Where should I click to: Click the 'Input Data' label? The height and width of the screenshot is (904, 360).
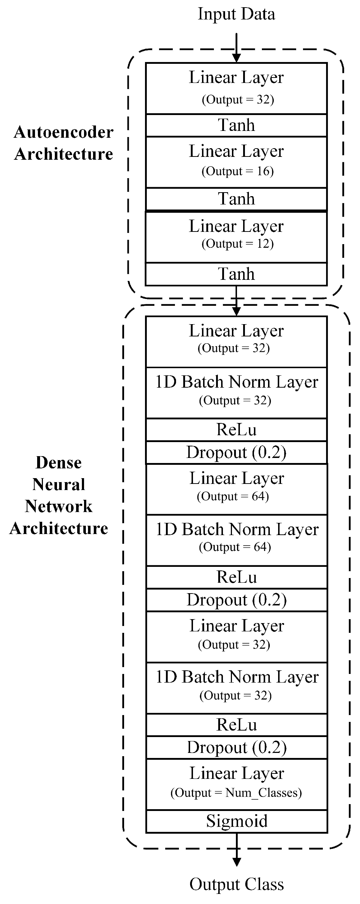click(x=236, y=14)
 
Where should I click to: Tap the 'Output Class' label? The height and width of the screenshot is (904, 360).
click(x=237, y=885)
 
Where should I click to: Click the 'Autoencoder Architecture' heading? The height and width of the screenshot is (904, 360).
click(x=63, y=143)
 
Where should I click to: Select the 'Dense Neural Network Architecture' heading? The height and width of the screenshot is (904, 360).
click(x=59, y=495)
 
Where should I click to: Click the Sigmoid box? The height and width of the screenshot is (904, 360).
click(x=237, y=821)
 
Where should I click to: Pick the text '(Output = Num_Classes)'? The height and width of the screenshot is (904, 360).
click(x=236, y=793)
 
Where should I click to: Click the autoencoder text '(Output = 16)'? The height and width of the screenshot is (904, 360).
click(x=237, y=171)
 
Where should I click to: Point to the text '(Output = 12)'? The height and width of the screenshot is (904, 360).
click(x=237, y=244)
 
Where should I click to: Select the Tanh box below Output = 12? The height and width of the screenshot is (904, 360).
click(x=236, y=274)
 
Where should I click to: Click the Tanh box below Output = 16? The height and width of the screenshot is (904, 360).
click(x=236, y=199)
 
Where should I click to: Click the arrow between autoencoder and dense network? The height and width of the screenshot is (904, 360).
click(x=236, y=301)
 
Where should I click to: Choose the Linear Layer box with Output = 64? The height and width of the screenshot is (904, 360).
click(x=237, y=489)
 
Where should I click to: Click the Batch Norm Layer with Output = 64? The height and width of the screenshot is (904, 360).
click(x=237, y=540)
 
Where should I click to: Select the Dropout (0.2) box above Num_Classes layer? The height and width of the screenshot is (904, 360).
click(x=237, y=747)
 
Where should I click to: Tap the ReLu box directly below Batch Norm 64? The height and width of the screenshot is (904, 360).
click(x=237, y=577)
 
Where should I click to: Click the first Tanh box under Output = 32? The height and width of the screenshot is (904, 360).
click(x=236, y=125)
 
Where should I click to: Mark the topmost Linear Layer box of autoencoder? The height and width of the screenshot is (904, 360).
click(x=236, y=88)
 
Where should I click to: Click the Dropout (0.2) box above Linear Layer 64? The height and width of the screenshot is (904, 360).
click(x=237, y=452)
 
